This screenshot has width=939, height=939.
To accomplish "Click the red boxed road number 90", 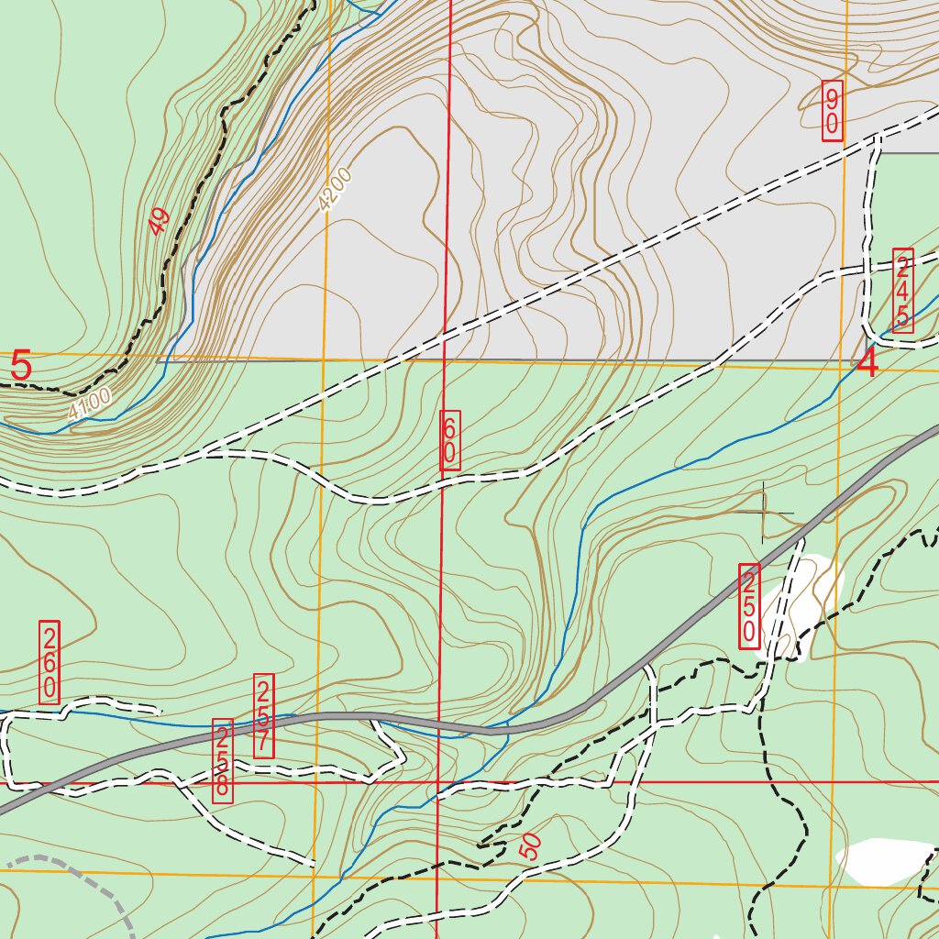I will (832, 110).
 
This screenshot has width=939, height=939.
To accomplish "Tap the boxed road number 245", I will (902, 290).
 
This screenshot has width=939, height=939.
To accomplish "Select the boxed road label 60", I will (450, 442).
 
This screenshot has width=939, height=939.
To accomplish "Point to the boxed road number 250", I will (749, 606).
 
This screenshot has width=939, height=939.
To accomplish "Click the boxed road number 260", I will (50, 662).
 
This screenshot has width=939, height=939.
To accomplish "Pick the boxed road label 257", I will (264, 715).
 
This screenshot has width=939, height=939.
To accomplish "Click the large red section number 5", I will (21, 367).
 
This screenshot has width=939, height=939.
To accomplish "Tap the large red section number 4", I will (867, 364).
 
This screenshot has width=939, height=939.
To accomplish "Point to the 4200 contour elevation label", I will (336, 189).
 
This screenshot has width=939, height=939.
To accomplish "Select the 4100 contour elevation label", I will (90, 404).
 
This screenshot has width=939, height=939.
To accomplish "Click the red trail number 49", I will (159, 221).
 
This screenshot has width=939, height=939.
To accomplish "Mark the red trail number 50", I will (531, 845).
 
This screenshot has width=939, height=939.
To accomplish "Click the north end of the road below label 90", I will (878, 138).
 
